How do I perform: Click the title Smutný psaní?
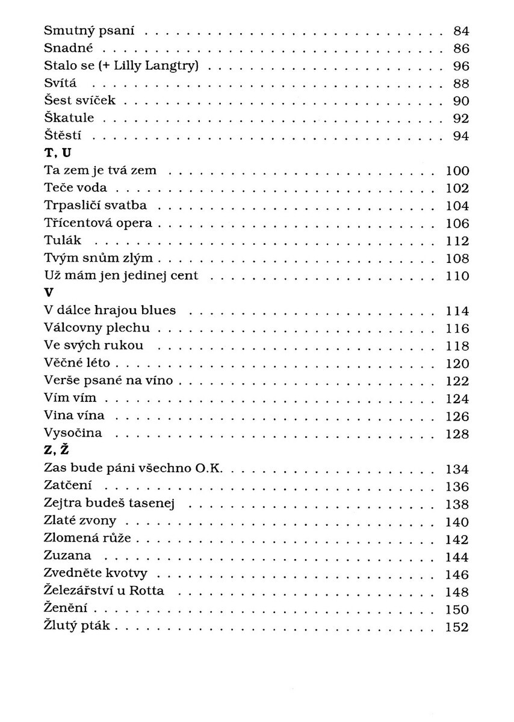89,30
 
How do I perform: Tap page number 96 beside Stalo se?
460,66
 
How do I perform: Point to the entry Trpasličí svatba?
96,206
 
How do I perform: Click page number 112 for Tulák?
457,241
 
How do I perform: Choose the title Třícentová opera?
98,224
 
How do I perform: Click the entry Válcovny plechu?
97,329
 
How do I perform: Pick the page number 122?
457,381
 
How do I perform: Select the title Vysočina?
73,433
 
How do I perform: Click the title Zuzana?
67,556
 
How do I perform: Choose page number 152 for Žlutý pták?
457,626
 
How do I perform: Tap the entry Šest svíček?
79,100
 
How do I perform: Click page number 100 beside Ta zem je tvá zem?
457,171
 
